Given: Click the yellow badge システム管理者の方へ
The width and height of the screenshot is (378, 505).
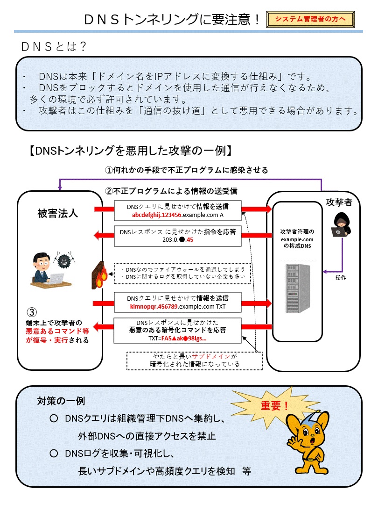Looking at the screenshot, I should pyautogui.click(x=310, y=19).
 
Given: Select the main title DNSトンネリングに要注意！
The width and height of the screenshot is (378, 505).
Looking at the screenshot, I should pyautogui.click(x=172, y=19).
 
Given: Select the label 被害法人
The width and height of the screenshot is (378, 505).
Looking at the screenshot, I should pyautogui.click(x=58, y=214).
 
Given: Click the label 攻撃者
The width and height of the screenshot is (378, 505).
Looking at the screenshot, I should pyautogui.click(x=340, y=202).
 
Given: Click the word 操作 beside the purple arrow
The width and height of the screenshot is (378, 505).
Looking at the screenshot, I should pyautogui.click(x=341, y=277).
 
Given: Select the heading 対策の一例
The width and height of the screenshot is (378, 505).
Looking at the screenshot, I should pyautogui.click(x=61, y=401).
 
